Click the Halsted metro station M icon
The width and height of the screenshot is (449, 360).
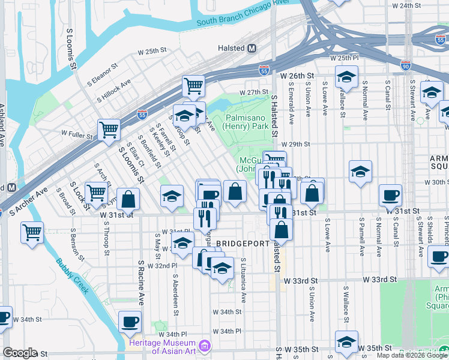point(252,48)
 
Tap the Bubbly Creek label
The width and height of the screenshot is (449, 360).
point(72,275)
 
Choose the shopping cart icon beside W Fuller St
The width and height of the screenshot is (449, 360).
point(109,128)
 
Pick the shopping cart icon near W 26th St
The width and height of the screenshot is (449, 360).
point(193,86)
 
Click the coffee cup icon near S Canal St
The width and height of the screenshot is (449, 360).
point(390,194)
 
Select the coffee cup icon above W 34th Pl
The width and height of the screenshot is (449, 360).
point(130,322)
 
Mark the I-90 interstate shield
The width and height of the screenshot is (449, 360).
point(406,65)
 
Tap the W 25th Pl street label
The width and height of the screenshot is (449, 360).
point(344,58)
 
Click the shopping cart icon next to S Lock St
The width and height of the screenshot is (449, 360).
point(96,192)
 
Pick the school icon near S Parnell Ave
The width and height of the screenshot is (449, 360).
point(360,172)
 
